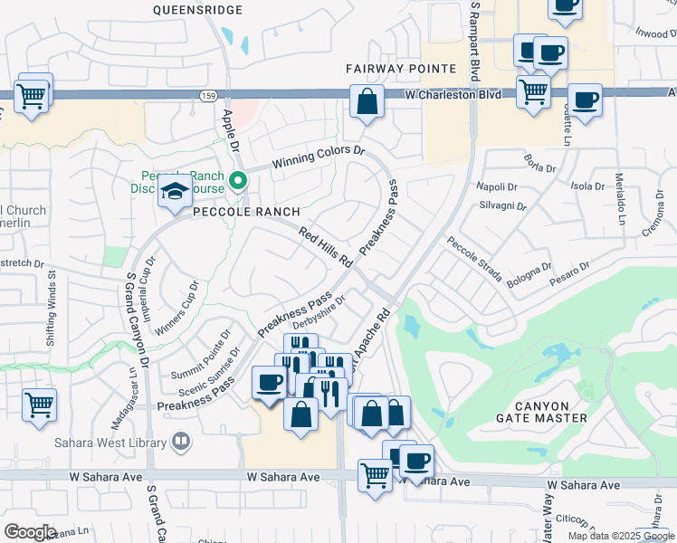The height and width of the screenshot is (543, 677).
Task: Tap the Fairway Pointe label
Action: (x=400, y=69)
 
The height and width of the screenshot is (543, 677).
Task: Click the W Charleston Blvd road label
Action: (x=453, y=94)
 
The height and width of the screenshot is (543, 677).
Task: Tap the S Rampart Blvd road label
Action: (x=473, y=41)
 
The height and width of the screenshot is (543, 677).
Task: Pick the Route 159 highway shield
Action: (x=207, y=94)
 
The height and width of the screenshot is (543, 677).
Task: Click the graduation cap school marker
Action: (x=174, y=191)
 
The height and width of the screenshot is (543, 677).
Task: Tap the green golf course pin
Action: (x=238, y=180)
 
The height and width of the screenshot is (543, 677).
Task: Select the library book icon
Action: (x=181, y=442)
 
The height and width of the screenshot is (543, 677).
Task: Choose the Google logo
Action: (x=30, y=532)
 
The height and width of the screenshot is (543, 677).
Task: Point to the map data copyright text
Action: (x=622, y=536)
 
